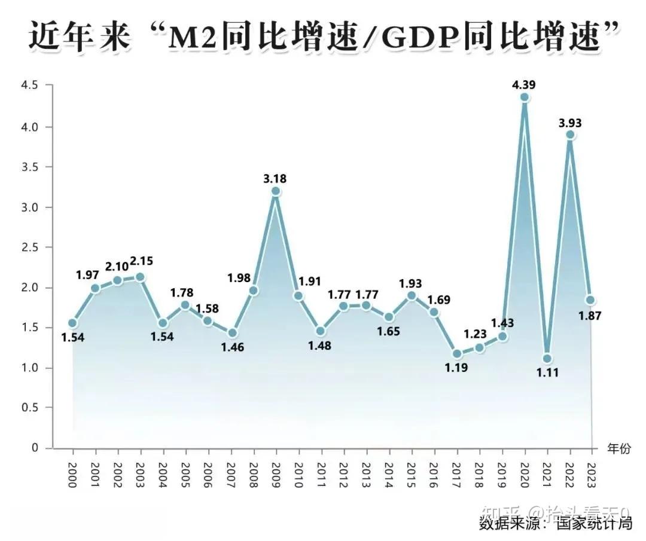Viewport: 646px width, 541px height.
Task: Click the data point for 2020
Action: [525, 97]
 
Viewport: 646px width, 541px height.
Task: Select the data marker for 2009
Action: [276, 191]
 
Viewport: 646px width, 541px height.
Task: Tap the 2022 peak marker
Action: [570, 135]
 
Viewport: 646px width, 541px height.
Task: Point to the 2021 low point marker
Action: [547, 359]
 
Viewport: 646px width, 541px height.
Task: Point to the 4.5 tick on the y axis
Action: [29, 85]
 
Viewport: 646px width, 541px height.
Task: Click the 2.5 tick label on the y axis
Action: [29, 247]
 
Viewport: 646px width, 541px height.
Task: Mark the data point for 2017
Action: [457, 354]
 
